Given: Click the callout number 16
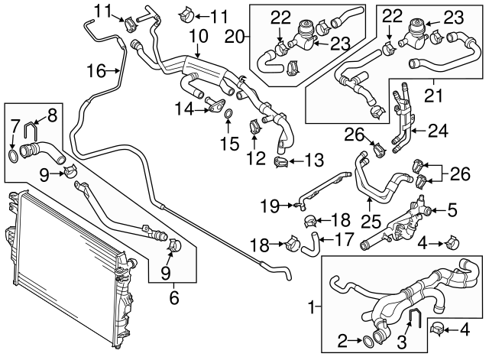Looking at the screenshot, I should click(x=96, y=71).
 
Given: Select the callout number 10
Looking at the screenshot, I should click(x=198, y=36).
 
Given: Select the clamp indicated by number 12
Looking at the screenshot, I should click(x=254, y=125).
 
